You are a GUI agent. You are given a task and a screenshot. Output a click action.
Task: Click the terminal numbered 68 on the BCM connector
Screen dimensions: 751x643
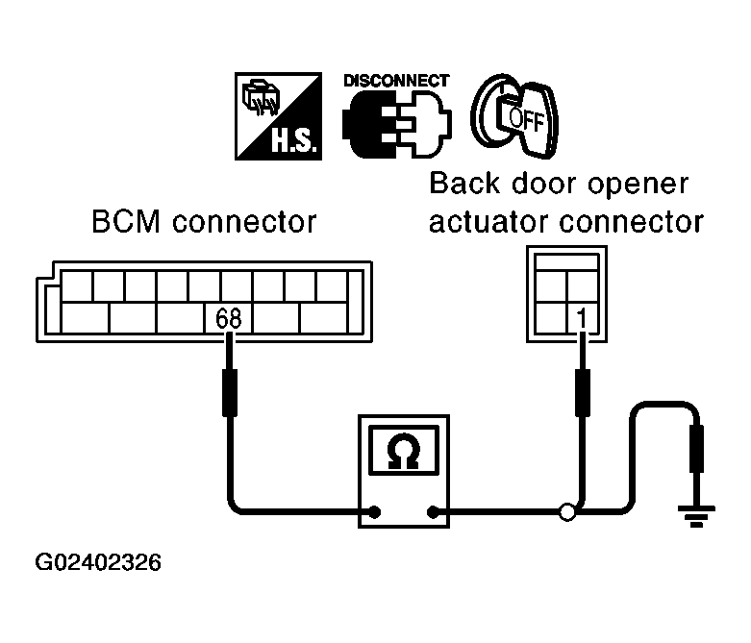[x=229, y=318]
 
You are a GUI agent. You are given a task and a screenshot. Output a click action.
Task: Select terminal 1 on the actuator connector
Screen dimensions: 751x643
[x=582, y=317]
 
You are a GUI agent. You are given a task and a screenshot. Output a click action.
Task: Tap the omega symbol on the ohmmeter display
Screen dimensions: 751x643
[x=404, y=451]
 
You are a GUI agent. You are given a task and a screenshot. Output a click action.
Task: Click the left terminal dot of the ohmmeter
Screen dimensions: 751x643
[x=375, y=512]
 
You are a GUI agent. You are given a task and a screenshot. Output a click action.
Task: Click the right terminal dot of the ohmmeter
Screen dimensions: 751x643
[x=433, y=512]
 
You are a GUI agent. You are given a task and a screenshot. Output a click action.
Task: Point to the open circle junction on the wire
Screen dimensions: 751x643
[x=567, y=512]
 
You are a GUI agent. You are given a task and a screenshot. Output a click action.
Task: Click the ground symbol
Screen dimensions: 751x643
[x=696, y=516]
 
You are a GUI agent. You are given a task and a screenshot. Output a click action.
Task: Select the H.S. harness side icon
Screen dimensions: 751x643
[x=278, y=116]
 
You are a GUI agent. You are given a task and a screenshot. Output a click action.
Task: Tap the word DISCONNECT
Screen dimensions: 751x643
[x=396, y=81]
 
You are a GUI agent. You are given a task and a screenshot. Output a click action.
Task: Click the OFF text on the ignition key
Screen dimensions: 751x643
[x=526, y=120]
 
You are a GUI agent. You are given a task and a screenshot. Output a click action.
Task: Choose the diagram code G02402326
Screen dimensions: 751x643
[x=98, y=562]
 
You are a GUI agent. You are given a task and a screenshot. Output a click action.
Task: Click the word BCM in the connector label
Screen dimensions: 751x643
[x=125, y=222]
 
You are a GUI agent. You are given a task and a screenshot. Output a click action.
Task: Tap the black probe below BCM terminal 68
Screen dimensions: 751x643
[x=230, y=392]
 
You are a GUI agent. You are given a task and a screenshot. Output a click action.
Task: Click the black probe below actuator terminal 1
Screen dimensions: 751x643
[x=582, y=392]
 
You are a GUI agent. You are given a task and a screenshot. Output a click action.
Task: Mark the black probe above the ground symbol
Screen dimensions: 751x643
[x=696, y=449]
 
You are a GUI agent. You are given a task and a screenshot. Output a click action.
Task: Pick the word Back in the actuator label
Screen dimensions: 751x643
[x=463, y=183]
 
